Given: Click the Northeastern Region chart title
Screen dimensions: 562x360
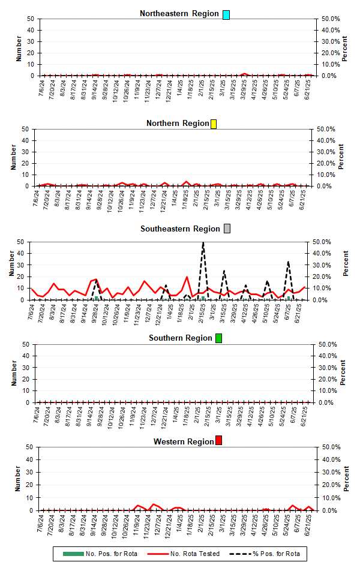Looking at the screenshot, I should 179,14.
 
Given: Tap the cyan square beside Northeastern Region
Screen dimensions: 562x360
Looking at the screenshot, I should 226,14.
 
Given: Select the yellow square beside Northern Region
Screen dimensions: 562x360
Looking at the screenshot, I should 214,124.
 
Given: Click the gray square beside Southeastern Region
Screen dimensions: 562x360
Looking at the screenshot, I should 227,229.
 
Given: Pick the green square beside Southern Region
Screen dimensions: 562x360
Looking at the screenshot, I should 218,338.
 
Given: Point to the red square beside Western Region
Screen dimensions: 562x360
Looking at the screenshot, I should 219,441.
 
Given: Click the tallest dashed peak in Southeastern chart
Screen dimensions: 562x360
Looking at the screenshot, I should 203,243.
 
